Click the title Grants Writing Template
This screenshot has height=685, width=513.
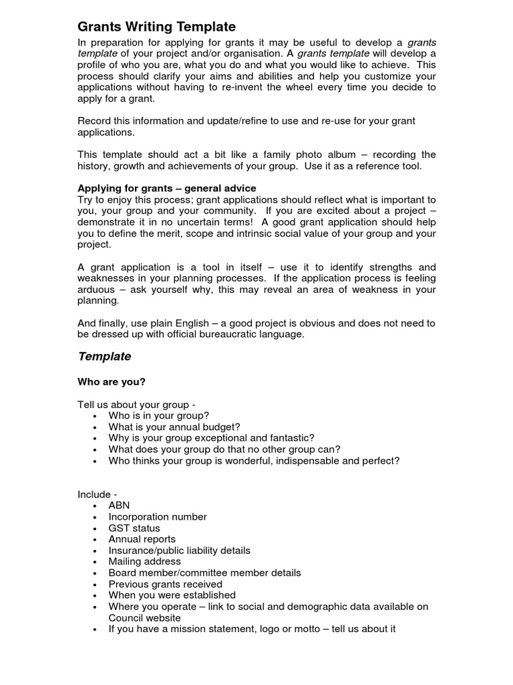pyautogui.click(x=157, y=27)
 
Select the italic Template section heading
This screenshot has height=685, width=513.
pyautogui.click(x=104, y=357)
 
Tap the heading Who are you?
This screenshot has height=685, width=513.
pyautogui.click(x=112, y=382)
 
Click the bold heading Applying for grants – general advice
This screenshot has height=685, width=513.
pyautogui.click(x=167, y=188)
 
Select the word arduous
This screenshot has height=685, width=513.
pyautogui.click(x=98, y=290)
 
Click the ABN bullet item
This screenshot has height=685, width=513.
pyautogui.click(x=119, y=506)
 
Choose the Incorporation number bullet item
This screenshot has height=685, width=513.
pyautogui.click(x=158, y=517)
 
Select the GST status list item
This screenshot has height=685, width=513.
pyautogui.click(x=134, y=528)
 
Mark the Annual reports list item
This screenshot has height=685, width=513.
pyautogui.click(x=142, y=539)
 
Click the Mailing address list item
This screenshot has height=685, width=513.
pyautogui.click(x=144, y=561)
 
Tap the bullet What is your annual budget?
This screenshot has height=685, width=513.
pyautogui.click(x=174, y=427)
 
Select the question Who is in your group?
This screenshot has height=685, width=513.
pyautogui.click(x=159, y=415)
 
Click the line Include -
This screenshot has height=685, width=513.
pyautogui.click(x=98, y=494)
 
